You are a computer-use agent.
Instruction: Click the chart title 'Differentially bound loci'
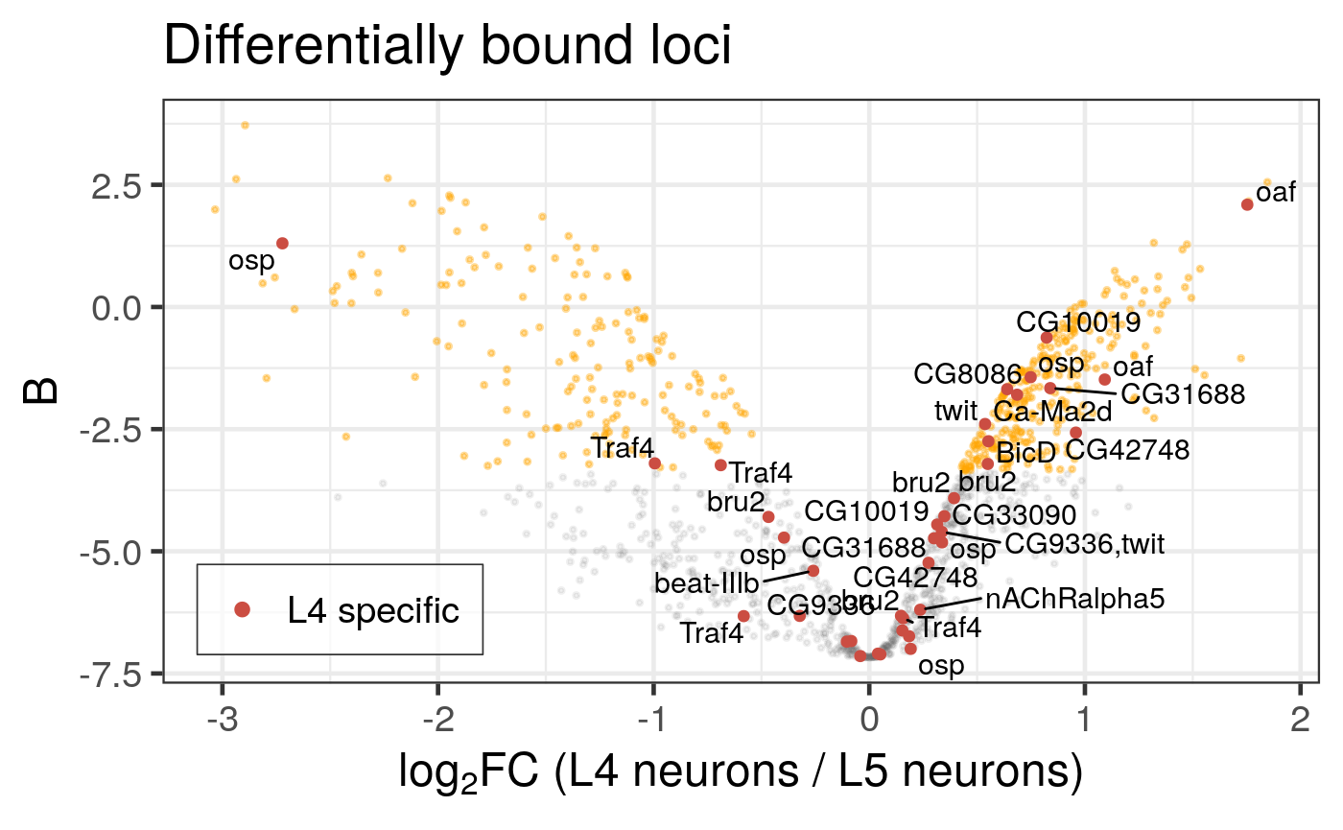click(448, 46)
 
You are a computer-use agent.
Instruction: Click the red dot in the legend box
click(242, 609)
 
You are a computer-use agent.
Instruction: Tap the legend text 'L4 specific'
click(373, 610)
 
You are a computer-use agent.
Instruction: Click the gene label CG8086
click(960, 373)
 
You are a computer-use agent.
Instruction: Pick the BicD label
click(1025, 452)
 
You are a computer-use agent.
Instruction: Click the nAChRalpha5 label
click(1074, 600)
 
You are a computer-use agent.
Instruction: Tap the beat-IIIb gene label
click(707, 582)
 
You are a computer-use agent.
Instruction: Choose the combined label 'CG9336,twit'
click(1084, 545)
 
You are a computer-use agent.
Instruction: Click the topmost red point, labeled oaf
click(1247, 204)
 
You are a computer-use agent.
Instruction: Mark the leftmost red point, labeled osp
click(282, 244)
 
